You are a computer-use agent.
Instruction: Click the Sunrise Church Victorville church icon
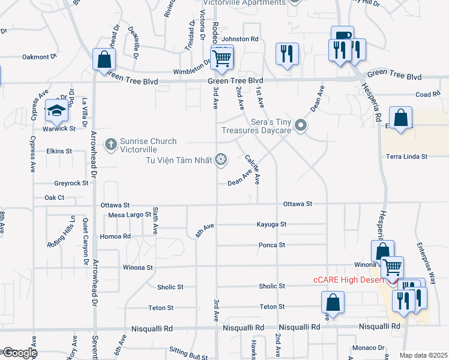pyautogui.click(x=110, y=144)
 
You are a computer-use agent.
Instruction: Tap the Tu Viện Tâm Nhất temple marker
pyautogui.click(x=221, y=159)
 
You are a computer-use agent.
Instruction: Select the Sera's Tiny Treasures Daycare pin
pyautogui.click(x=301, y=126)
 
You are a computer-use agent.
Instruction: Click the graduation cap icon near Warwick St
pyautogui.click(x=56, y=110)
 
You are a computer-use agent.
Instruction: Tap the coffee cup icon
pyautogui.click(x=342, y=37)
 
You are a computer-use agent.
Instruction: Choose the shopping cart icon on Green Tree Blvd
pyautogui.click(x=221, y=58)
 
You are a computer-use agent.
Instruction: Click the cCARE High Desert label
pyautogui.click(x=351, y=280)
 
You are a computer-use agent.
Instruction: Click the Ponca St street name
pyautogui.click(x=272, y=245)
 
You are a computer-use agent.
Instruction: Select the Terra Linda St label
pyautogui.click(x=406, y=156)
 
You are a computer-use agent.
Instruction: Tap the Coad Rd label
pyautogui.click(x=428, y=95)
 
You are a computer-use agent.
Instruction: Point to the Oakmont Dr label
pyautogui.click(x=39, y=57)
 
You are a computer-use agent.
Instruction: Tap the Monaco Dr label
pyautogui.click(x=369, y=347)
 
